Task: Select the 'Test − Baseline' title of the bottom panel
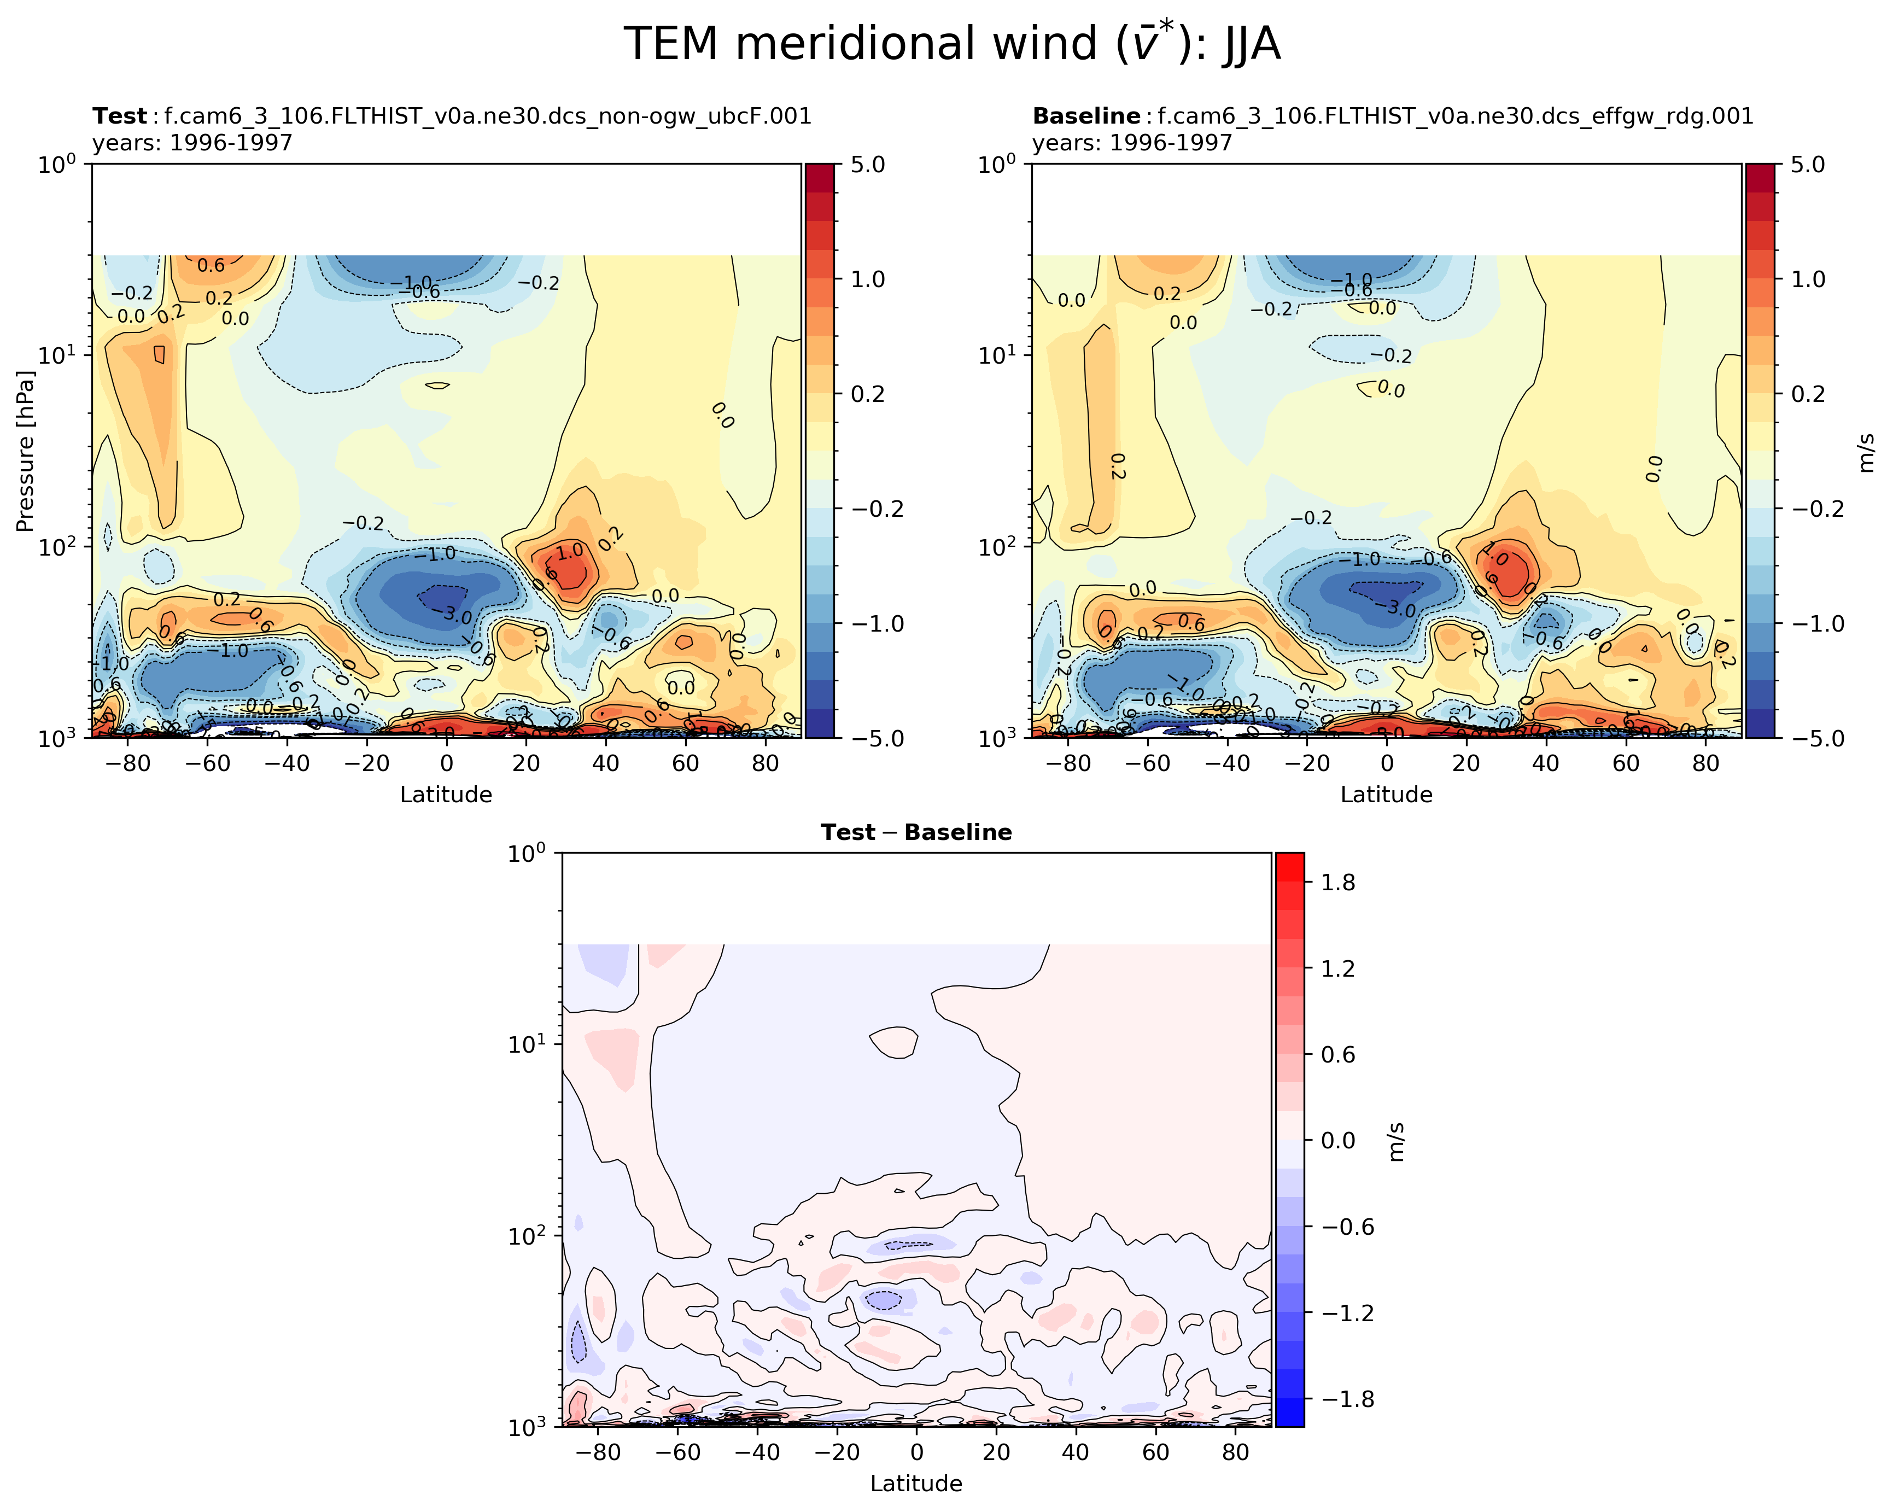point(916,832)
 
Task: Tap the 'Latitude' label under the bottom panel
point(916,1483)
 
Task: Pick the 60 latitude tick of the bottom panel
point(1155,1451)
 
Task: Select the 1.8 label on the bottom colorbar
point(1338,883)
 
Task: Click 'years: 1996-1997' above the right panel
point(1132,142)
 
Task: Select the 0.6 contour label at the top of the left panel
point(211,265)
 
